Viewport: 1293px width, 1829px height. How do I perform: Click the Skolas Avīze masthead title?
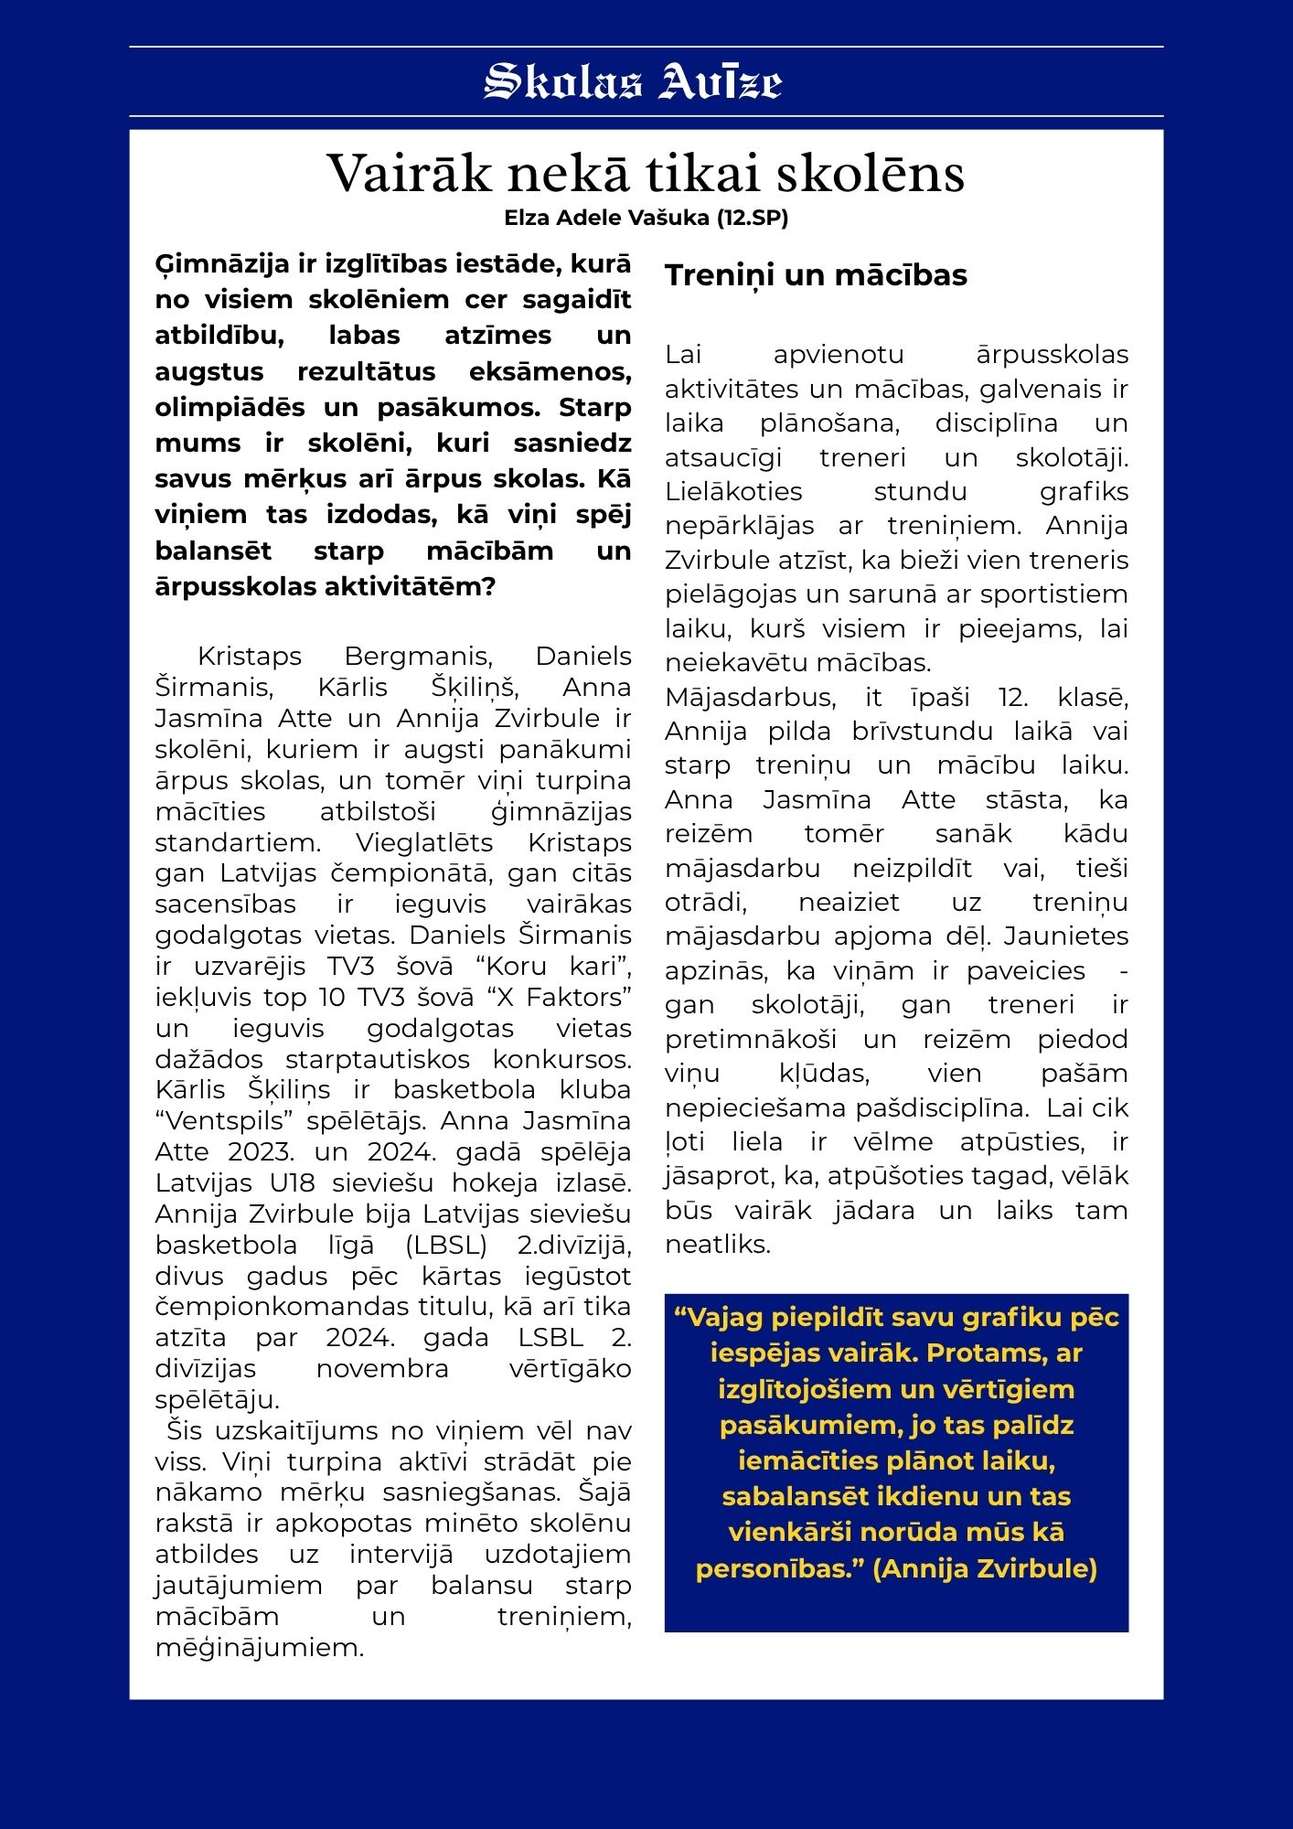[633, 81]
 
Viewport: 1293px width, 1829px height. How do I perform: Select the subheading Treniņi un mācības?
[816, 275]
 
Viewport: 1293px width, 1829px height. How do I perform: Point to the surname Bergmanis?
[418, 657]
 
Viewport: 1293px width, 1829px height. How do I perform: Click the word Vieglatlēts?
[424, 842]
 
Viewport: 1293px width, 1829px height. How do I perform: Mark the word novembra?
[382, 1369]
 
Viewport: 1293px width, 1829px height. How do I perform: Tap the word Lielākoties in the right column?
[733, 492]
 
